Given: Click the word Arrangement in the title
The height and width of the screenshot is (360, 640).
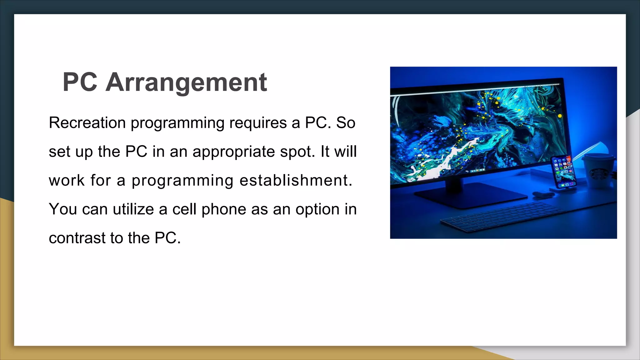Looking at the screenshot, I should [186, 82].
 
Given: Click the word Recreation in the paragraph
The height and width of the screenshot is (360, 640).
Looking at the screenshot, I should [87, 122].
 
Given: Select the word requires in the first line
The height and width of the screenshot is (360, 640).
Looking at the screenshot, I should [258, 122].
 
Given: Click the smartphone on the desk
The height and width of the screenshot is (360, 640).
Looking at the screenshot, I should [564, 172].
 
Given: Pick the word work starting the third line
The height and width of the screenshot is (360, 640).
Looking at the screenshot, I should [67, 180].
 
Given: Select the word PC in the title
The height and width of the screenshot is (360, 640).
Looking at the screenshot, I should [80, 82].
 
